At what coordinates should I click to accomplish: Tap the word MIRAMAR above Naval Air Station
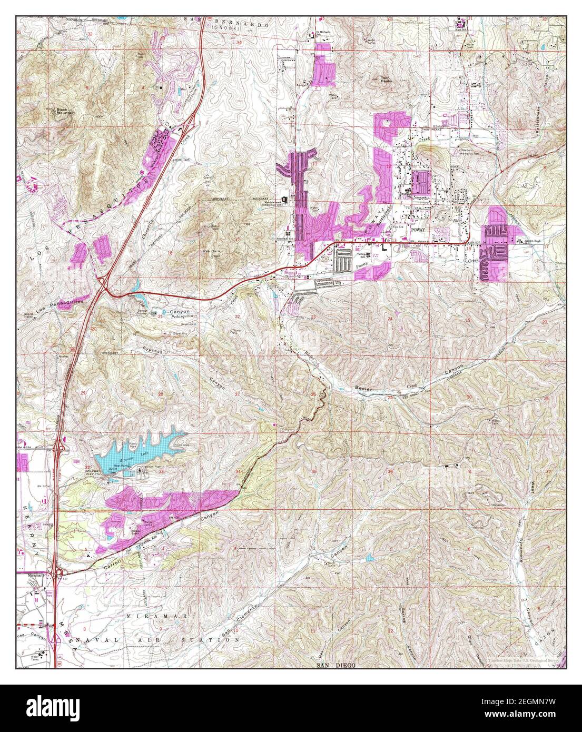tap(142, 615)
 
